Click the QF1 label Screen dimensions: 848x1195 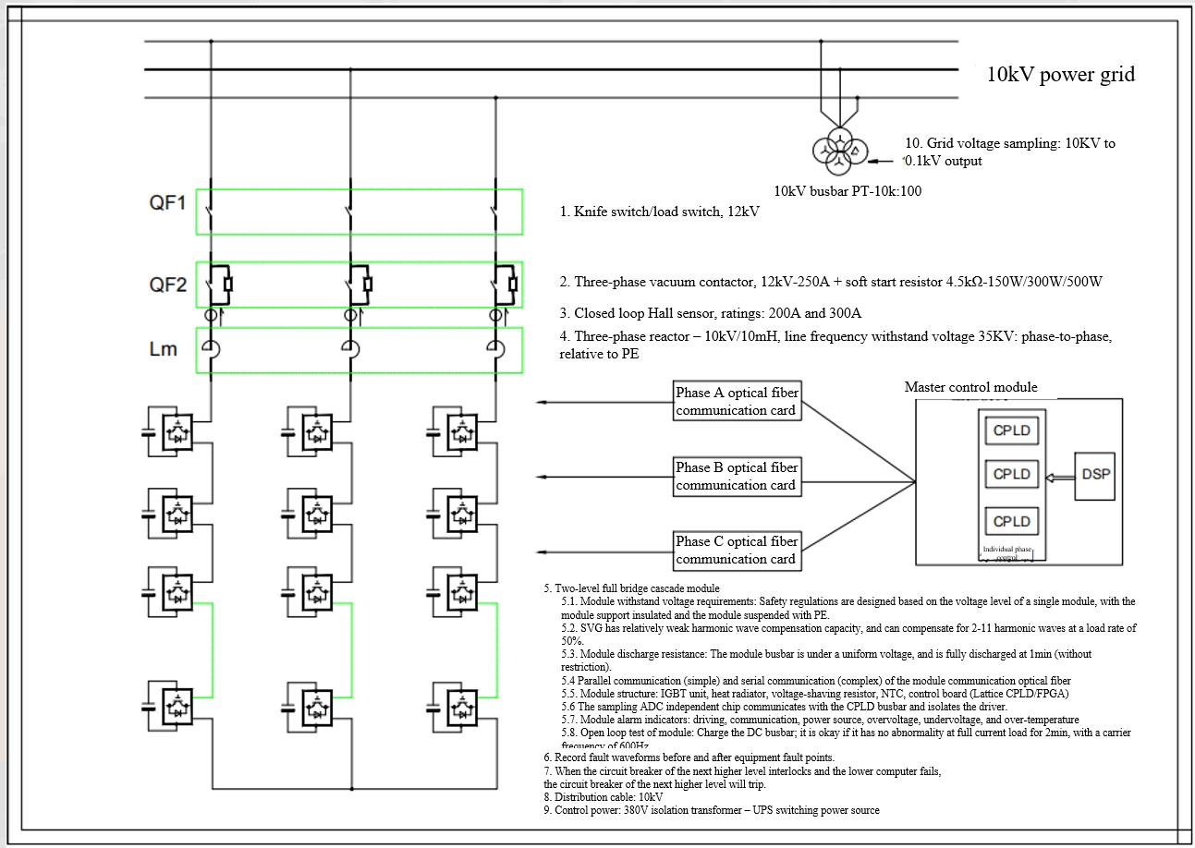tap(167, 203)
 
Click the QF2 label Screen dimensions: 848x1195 tap(167, 285)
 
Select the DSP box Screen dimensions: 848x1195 tap(1095, 474)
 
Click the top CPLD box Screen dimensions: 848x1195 tap(1011, 430)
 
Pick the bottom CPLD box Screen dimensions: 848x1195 tap(1011, 521)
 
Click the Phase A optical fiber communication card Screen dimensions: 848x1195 tap(736, 401)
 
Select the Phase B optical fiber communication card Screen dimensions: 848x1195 tap(736, 476)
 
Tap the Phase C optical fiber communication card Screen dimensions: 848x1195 tap(736, 550)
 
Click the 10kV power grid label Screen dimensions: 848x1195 tap(1060, 75)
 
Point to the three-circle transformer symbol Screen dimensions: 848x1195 tap(839, 151)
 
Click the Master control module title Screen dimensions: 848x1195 tap(970, 387)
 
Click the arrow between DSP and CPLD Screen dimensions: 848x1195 tap(1059, 475)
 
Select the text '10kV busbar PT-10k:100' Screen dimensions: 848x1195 tap(846, 191)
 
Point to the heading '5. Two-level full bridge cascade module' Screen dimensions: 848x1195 tap(631, 588)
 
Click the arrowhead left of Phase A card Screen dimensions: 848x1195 tap(541, 402)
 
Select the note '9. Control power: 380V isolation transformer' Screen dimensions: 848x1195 tap(712, 810)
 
